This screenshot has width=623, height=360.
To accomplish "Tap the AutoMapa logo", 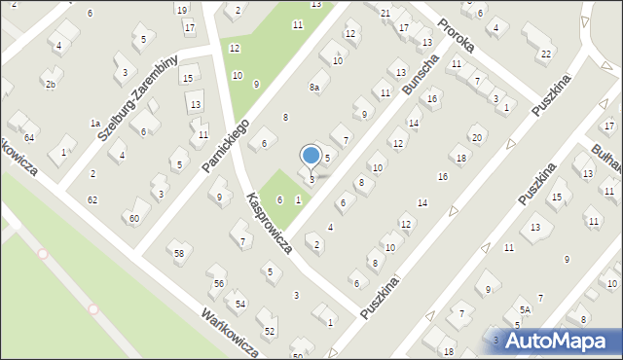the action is click(x=555, y=341).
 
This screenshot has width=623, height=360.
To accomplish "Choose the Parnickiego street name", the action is click(x=226, y=147).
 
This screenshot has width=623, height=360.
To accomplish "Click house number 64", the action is click(x=29, y=137).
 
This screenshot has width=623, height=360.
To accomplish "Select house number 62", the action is click(x=92, y=199).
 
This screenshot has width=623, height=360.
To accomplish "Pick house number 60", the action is click(x=133, y=218).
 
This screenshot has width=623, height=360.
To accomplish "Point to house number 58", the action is click(x=179, y=254).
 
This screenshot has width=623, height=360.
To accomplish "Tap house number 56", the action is click(x=219, y=283).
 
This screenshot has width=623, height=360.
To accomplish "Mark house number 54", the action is click(x=239, y=305).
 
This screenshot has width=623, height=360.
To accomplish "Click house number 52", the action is click(x=270, y=332).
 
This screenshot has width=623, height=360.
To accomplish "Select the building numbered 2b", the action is click(x=51, y=85).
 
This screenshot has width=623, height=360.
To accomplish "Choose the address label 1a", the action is click(x=95, y=124).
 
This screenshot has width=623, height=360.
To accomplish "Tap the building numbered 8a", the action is click(x=314, y=88).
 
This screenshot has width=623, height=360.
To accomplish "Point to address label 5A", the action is click(x=524, y=310).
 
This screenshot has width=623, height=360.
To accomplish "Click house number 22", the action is click(x=546, y=53).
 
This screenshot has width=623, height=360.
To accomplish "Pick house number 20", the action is click(x=476, y=137).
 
